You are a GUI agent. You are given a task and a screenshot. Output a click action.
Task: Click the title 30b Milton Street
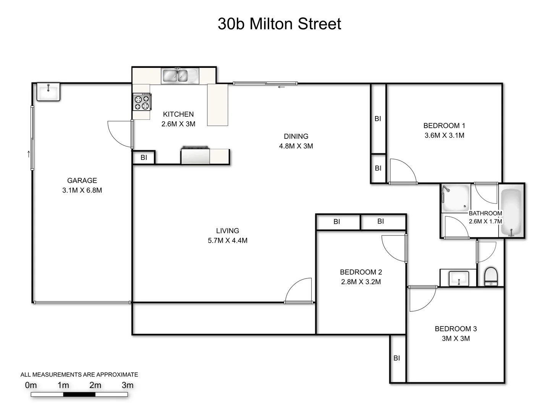pos(279,24)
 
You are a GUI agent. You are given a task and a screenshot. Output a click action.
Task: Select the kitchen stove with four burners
pos(142,102)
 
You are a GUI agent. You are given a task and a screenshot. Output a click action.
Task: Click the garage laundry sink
pos(49,92)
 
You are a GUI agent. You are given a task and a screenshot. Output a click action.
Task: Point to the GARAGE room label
pos(82,180)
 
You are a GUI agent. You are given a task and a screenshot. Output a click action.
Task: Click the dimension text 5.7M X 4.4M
pos(228,240)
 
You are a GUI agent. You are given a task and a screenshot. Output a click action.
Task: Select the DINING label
pos(296,136)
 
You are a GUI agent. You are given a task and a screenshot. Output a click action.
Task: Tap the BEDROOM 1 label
pos(444,126)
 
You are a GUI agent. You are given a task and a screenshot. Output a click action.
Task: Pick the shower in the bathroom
pos(456,198)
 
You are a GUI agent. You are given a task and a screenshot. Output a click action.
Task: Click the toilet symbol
pos(491,276)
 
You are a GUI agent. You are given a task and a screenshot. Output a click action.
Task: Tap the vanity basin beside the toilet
pos(459,278)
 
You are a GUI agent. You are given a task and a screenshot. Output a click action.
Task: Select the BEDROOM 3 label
pos(456,328)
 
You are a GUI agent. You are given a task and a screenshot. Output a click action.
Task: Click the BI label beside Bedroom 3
pos(397,358)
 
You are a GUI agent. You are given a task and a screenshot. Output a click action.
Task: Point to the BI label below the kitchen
pos(144,157)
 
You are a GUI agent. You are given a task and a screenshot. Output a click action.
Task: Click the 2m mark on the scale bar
pos(95,385)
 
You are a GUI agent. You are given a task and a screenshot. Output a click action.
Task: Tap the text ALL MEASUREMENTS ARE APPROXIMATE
pos(79,375)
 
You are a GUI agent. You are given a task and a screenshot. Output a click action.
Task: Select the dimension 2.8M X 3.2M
pos(361,282)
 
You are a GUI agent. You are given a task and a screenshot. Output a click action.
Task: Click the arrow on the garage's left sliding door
pos(29,154)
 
